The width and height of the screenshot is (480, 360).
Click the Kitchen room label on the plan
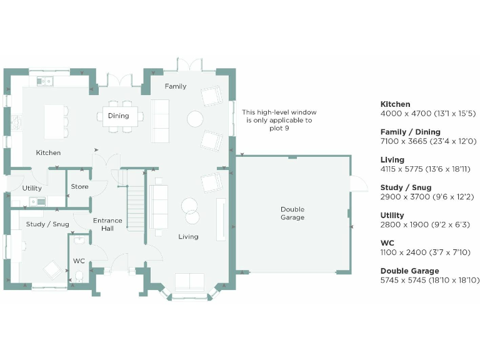tap(48, 152)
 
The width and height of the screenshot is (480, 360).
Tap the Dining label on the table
tap(118, 116)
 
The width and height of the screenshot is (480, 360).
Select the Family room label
tap(176, 86)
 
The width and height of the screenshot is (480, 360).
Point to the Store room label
tap(79, 187)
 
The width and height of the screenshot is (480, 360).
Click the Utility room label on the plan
tap(32, 188)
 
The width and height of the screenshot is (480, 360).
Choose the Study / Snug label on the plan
tap(47, 224)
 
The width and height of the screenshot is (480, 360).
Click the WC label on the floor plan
tap(79, 261)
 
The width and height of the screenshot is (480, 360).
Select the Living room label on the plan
tap(188, 237)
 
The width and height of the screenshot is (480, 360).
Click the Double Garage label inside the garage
tap(292, 213)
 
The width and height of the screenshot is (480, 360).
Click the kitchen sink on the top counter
tap(44, 81)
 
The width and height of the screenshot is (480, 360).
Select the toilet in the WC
tap(79, 276)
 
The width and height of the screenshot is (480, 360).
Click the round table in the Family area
tap(196, 118)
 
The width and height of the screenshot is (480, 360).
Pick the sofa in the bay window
tap(191, 282)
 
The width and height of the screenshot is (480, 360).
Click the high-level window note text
tap(277, 116)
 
